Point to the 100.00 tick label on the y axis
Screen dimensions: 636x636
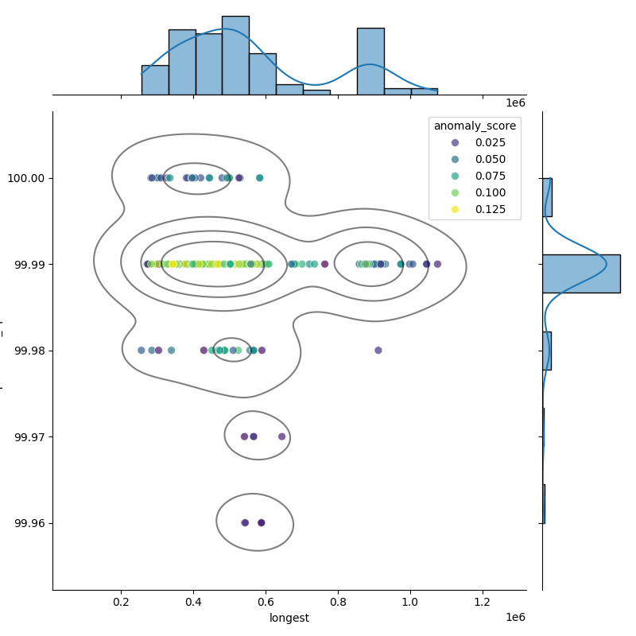tap(29, 178)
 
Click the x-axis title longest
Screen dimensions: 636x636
tap(289, 619)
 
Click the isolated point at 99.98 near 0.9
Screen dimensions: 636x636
tap(378, 350)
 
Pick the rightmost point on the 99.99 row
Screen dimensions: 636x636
tap(437, 264)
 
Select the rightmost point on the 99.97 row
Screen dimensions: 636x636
tap(282, 436)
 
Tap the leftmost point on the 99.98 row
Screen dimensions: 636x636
tap(142, 350)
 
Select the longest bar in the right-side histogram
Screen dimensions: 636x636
tap(581, 273)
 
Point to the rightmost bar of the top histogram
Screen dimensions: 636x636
tap(424, 91)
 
